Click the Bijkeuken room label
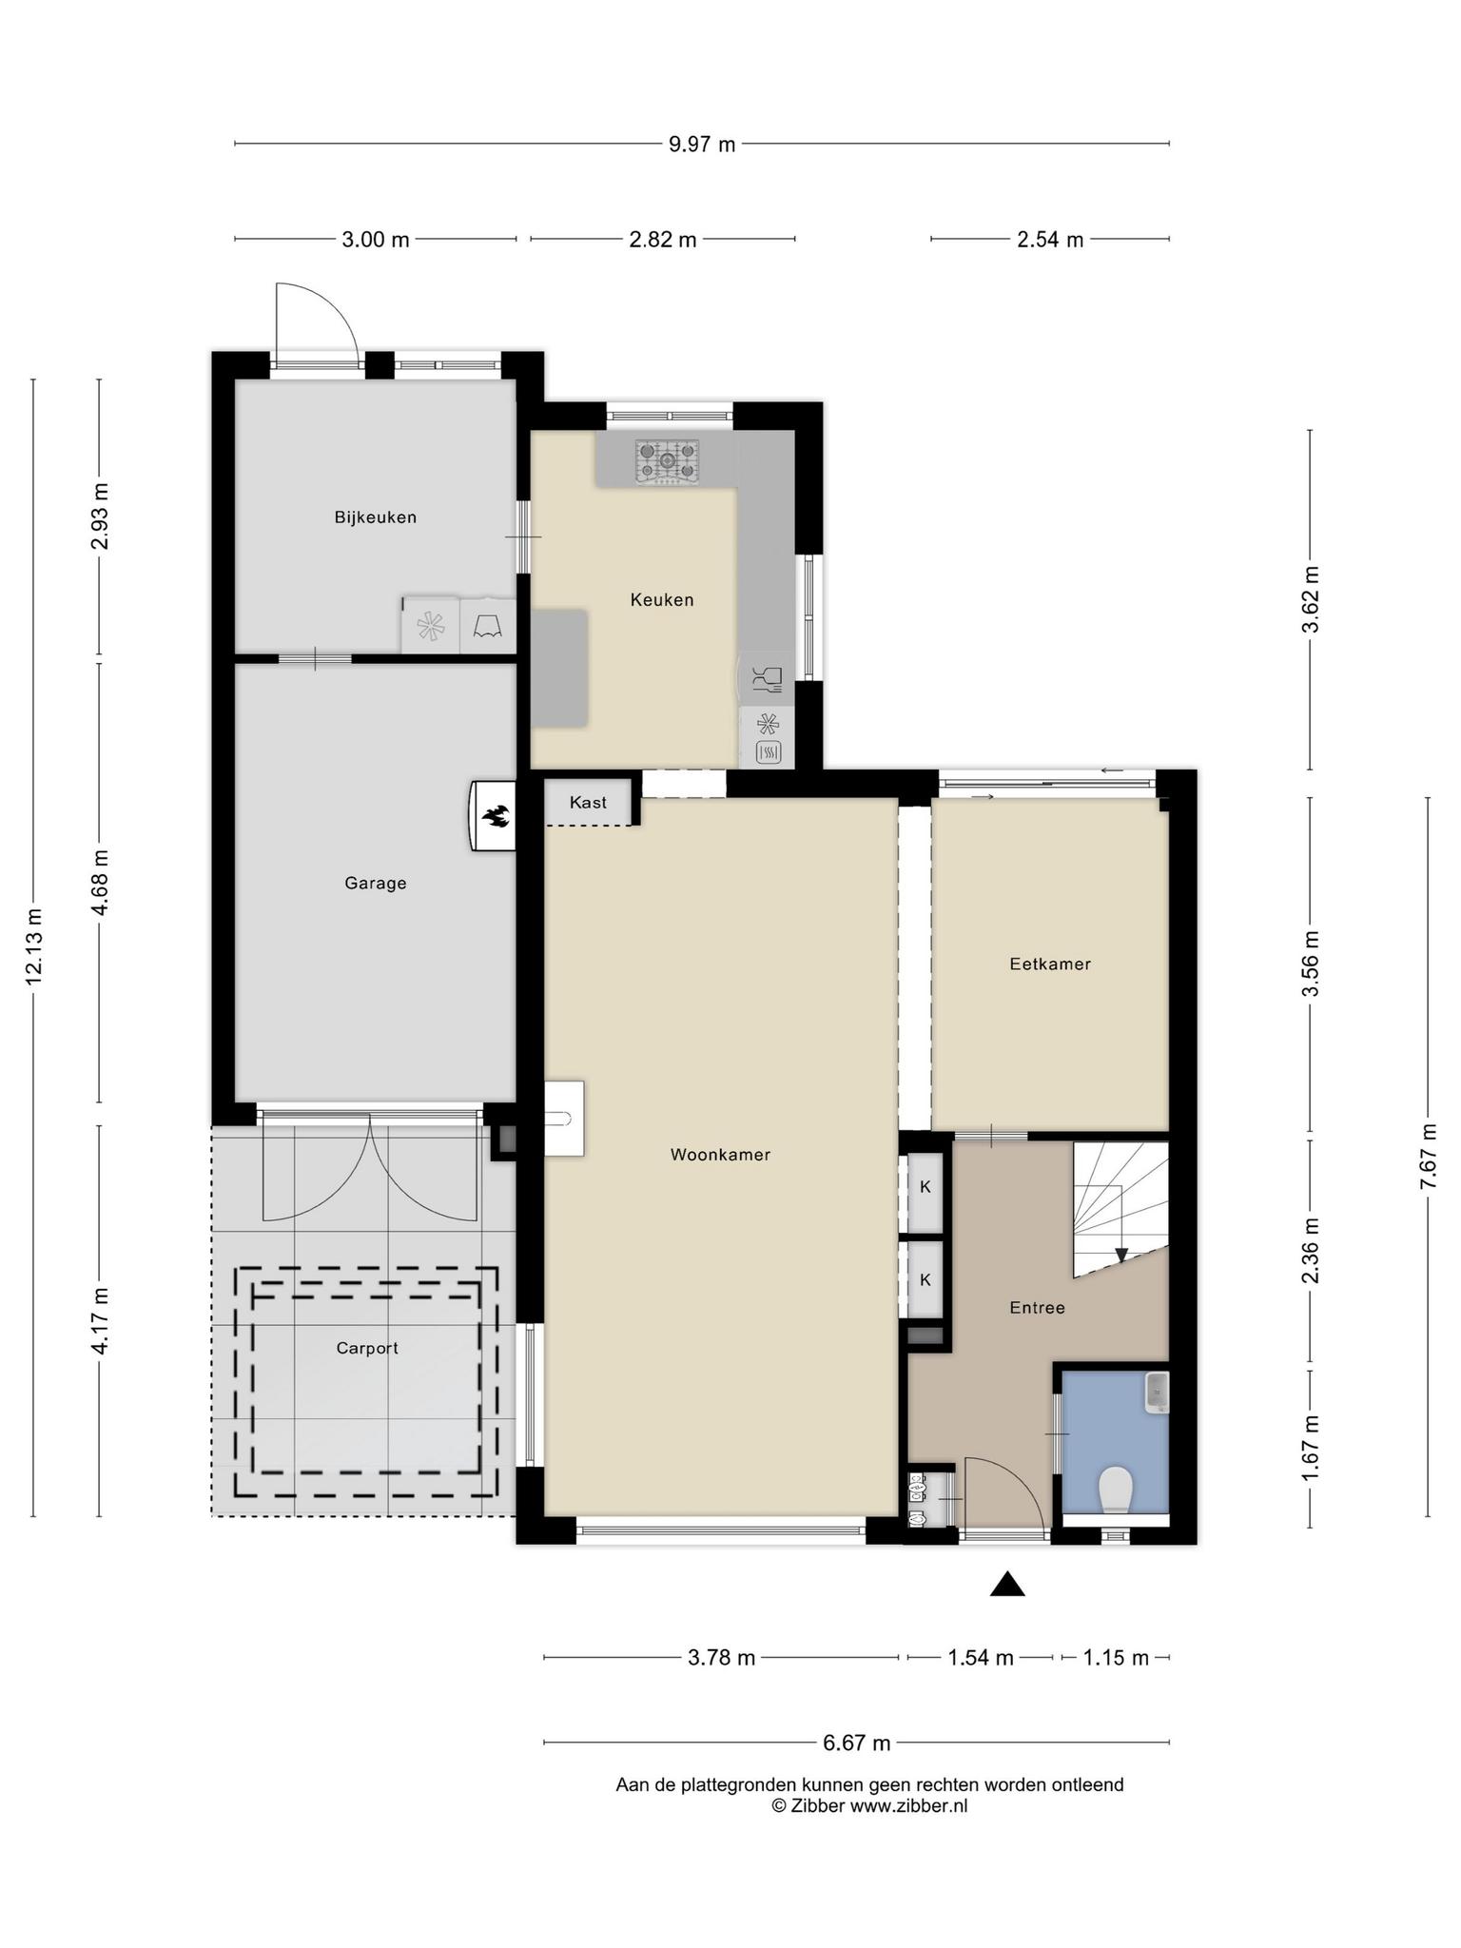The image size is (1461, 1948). [375, 517]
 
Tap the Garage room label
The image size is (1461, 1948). [376, 884]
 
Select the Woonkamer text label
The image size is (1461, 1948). [720, 1155]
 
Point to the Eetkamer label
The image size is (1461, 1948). [1050, 964]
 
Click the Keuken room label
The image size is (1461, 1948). [662, 600]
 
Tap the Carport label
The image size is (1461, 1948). [367, 1349]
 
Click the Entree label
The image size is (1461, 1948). [1037, 1308]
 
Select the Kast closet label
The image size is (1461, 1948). [588, 803]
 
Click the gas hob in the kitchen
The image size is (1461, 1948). [668, 462]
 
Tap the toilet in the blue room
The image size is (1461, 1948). [1115, 1490]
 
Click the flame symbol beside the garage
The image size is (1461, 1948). [496, 815]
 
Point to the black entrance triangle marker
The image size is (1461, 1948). [1007, 1584]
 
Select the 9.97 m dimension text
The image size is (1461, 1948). [702, 145]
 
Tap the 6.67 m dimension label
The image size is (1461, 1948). [856, 1743]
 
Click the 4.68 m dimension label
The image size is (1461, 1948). [100, 883]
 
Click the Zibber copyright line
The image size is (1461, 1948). [869, 1805]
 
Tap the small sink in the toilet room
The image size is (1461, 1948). [1157, 1393]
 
